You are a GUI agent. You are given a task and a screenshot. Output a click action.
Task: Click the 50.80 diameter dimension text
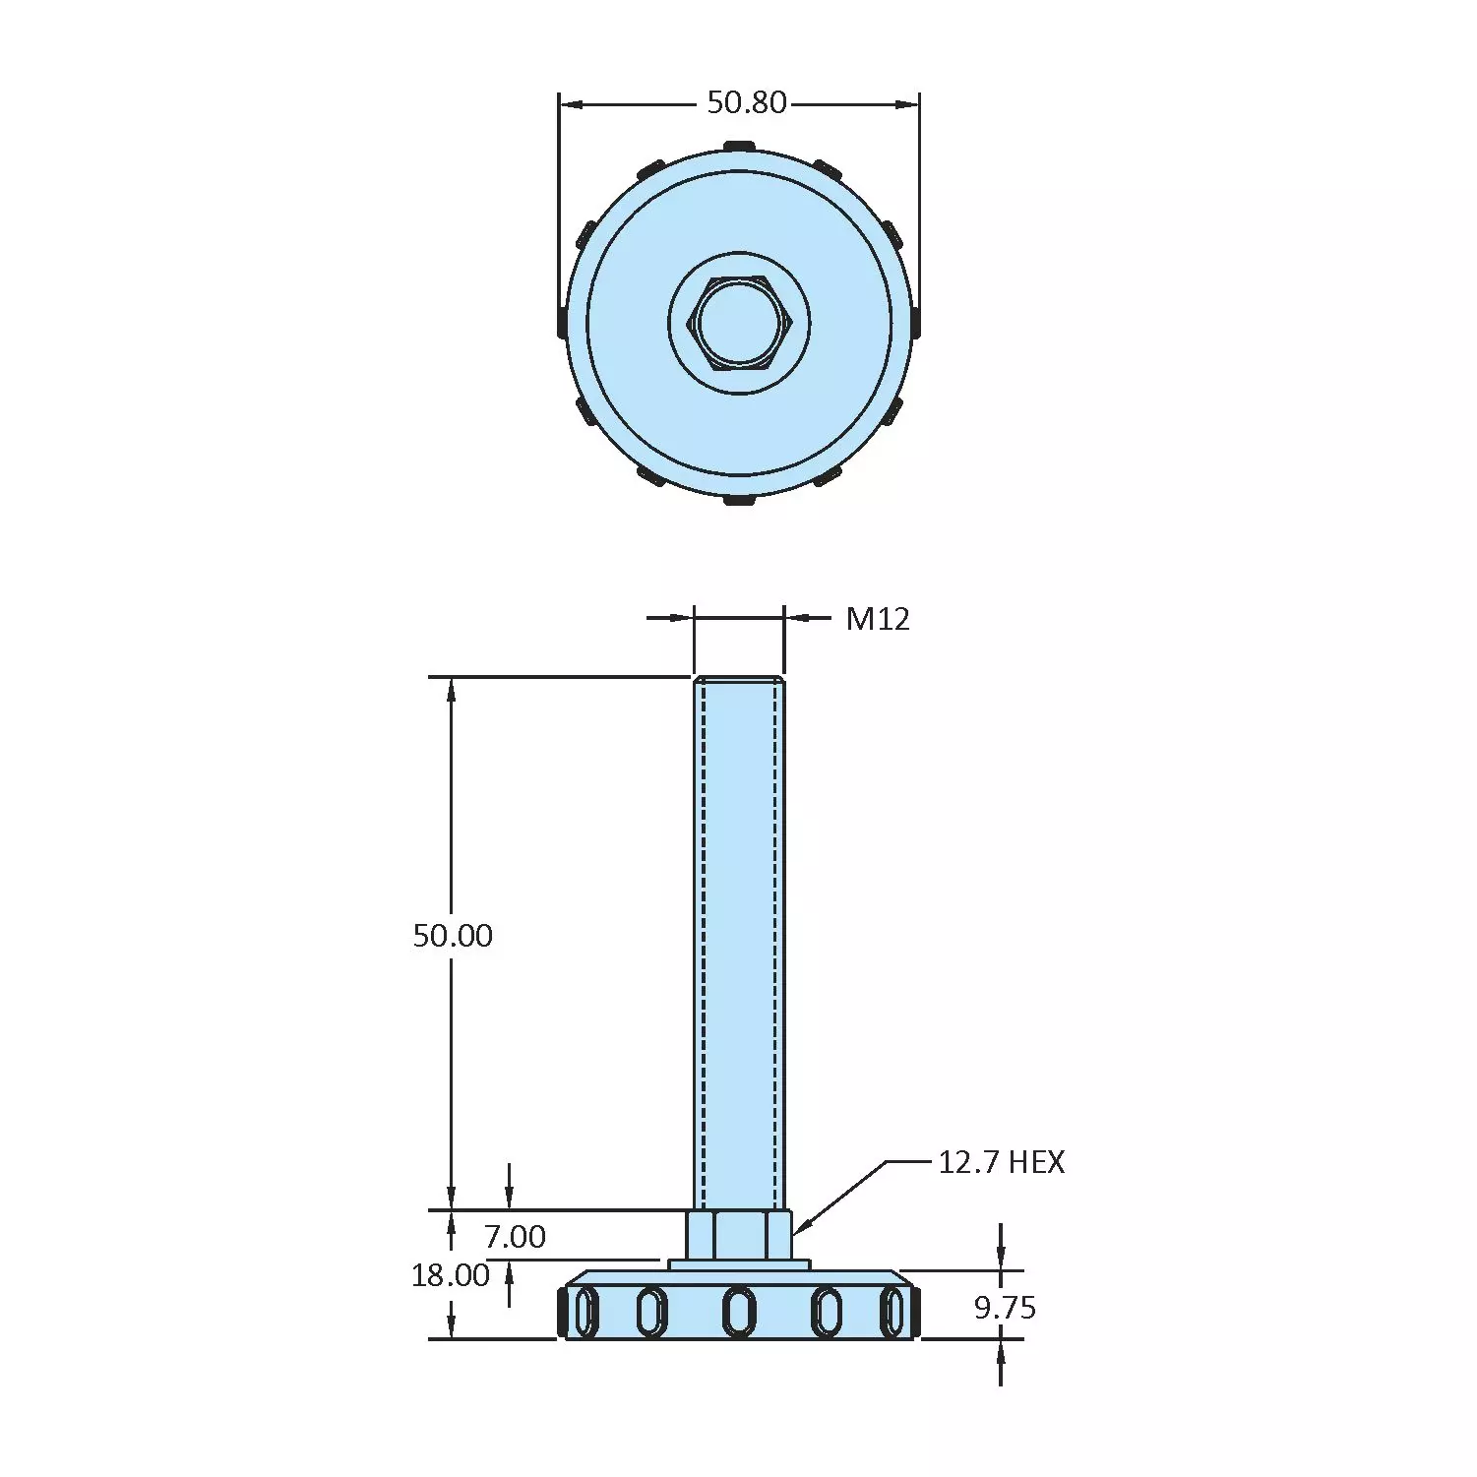(x=747, y=102)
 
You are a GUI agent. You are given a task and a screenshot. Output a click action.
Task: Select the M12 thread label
(x=878, y=619)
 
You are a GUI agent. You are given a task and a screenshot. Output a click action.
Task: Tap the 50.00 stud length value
(x=453, y=935)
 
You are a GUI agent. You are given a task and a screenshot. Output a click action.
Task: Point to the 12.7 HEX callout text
(x=1001, y=1162)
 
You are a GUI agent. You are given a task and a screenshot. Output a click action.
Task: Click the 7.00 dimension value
(x=515, y=1236)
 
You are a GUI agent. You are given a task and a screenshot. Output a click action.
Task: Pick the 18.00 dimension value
(x=451, y=1275)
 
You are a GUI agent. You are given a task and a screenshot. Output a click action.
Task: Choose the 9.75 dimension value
(x=1005, y=1308)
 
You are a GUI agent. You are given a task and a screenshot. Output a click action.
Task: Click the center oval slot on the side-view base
(x=739, y=1312)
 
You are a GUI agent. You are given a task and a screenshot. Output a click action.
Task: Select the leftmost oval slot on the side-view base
(x=585, y=1312)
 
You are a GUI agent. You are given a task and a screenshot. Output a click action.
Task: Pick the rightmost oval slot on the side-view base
(x=892, y=1312)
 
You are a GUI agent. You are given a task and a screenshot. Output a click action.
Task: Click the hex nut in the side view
(x=739, y=1235)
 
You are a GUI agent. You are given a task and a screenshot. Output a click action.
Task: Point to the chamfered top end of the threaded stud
(x=739, y=681)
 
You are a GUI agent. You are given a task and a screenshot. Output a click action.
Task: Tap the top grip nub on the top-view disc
(x=739, y=147)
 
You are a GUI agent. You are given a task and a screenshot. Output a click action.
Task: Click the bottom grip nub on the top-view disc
(x=739, y=500)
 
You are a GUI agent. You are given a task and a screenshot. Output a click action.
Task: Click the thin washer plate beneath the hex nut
(x=739, y=1264)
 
